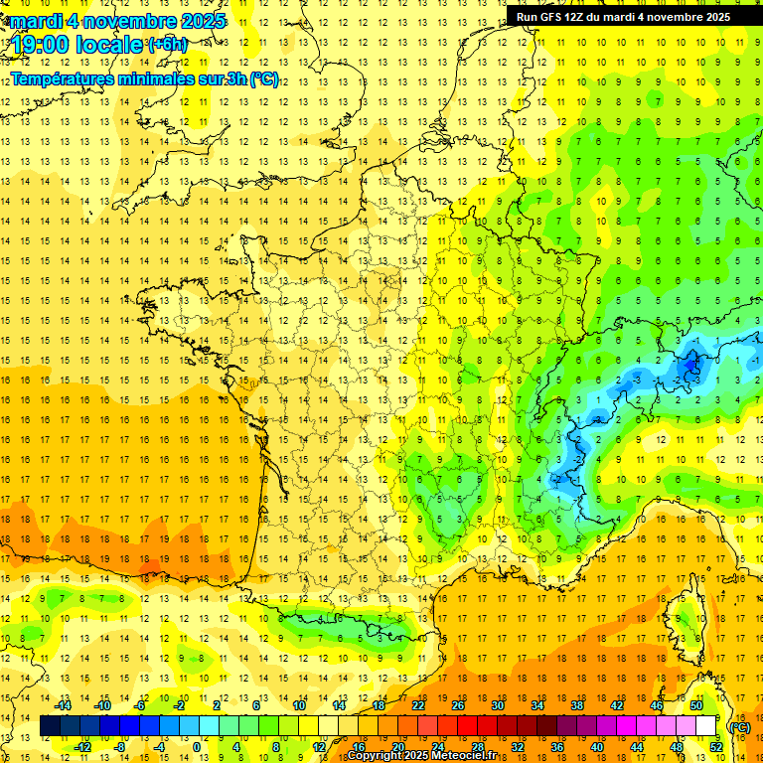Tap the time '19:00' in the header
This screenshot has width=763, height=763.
click(42, 45)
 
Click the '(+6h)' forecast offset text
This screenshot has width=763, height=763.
click(166, 44)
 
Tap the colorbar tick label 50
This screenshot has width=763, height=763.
click(695, 705)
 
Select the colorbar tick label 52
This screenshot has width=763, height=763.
click(715, 746)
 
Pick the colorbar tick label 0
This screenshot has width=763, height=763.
click(196, 746)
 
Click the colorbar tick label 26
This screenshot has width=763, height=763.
click(458, 705)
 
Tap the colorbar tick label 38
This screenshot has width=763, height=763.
click(577, 705)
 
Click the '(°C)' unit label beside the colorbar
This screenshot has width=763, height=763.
click(739, 726)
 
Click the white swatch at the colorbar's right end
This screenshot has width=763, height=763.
click(706, 726)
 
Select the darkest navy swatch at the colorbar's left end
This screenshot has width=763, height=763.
click(51, 726)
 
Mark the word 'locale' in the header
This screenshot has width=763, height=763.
click(108, 45)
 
